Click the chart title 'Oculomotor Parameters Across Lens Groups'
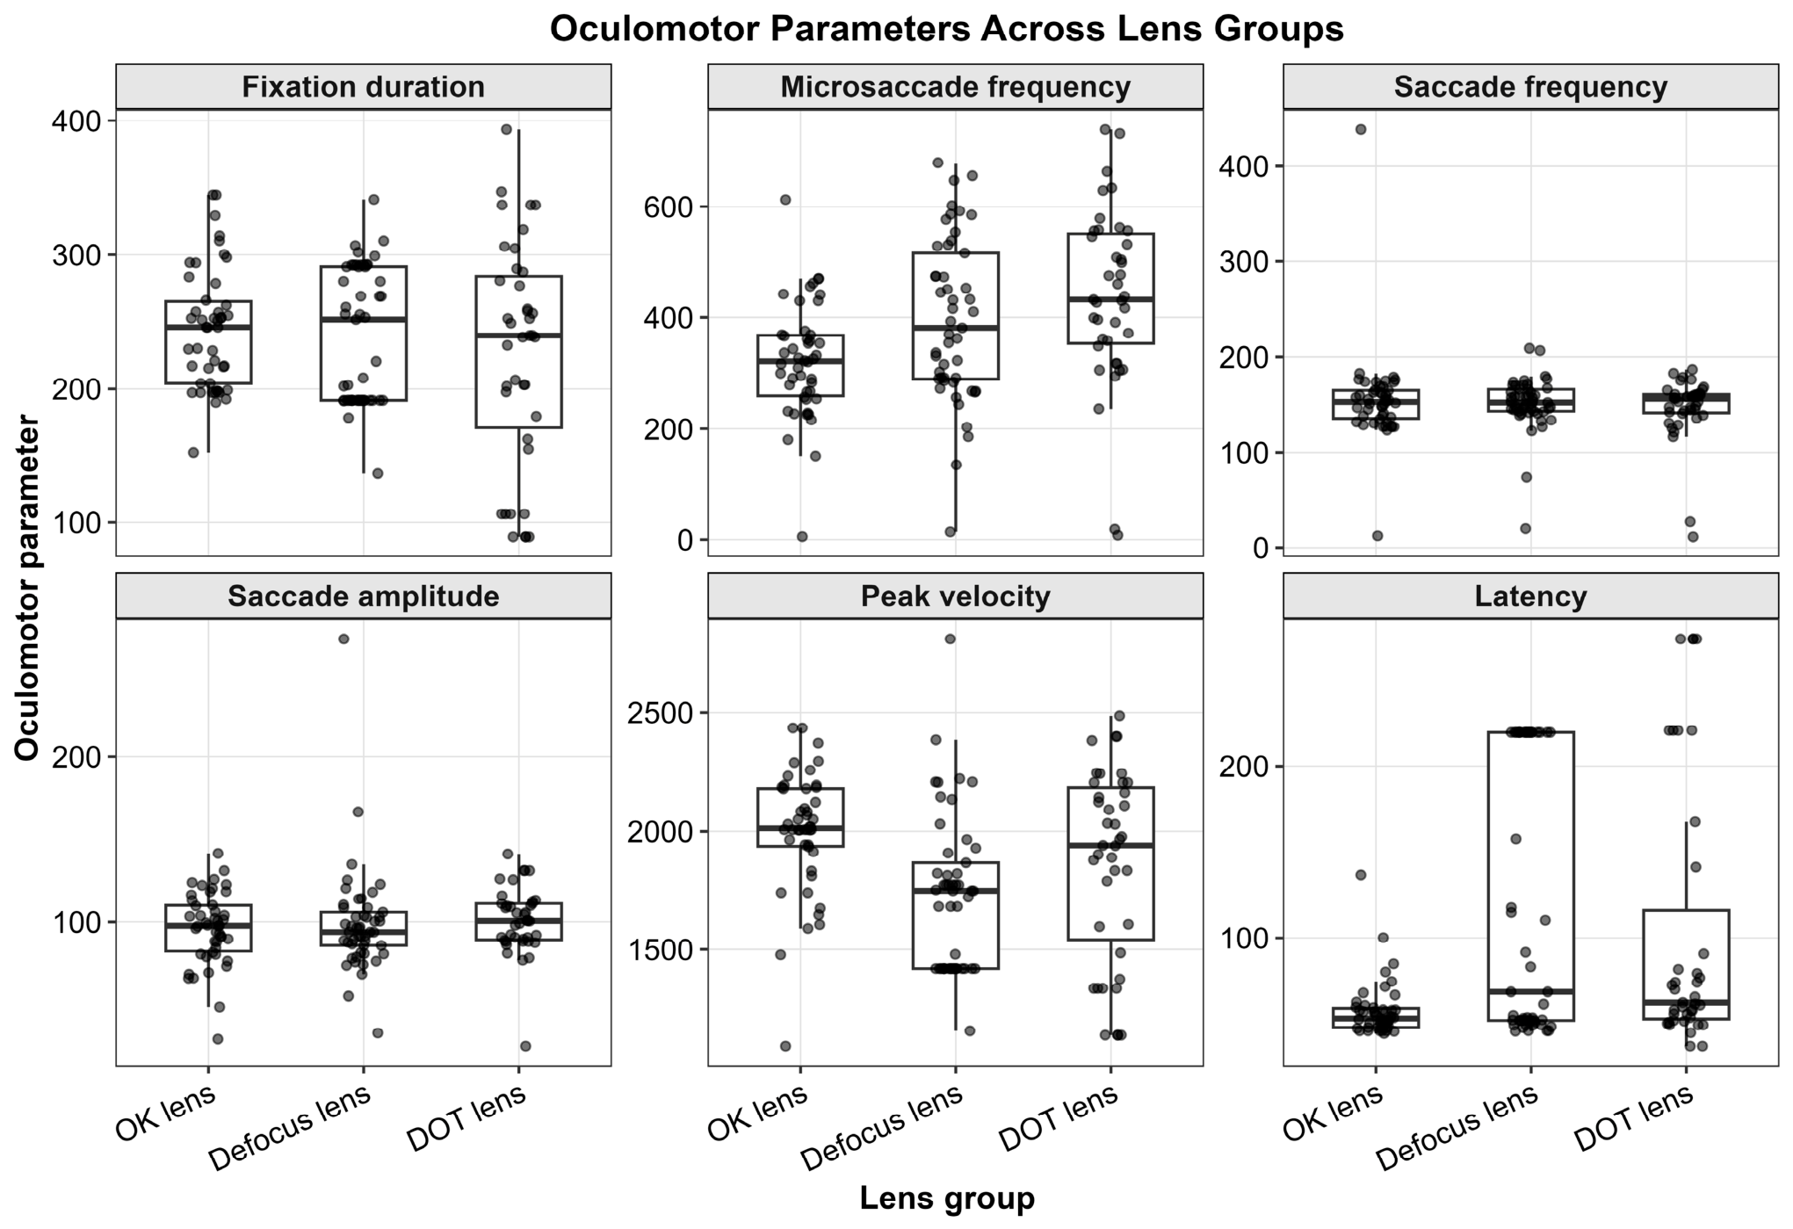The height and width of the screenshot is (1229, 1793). pos(946,29)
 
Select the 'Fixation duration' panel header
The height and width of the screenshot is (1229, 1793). pos(363,87)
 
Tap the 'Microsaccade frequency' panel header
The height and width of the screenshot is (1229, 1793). pos(955,87)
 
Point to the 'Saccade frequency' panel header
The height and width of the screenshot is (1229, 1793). pos(1530,87)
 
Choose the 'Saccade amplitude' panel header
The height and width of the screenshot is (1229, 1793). pos(363,596)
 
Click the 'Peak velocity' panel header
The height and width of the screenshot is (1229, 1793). pos(955,596)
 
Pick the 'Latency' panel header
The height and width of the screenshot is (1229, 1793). pos(1530,596)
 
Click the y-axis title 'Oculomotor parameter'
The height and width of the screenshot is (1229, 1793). pos(28,588)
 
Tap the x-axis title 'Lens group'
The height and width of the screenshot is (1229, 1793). pos(947,1198)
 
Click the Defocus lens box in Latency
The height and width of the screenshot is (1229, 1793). pos(1531,876)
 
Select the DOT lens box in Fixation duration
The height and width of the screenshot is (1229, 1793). pos(518,351)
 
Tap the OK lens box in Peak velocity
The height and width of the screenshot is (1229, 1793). pos(800,817)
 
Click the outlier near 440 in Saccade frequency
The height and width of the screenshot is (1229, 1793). pos(1361,129)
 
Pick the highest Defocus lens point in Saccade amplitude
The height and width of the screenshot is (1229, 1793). pos(344,639)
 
